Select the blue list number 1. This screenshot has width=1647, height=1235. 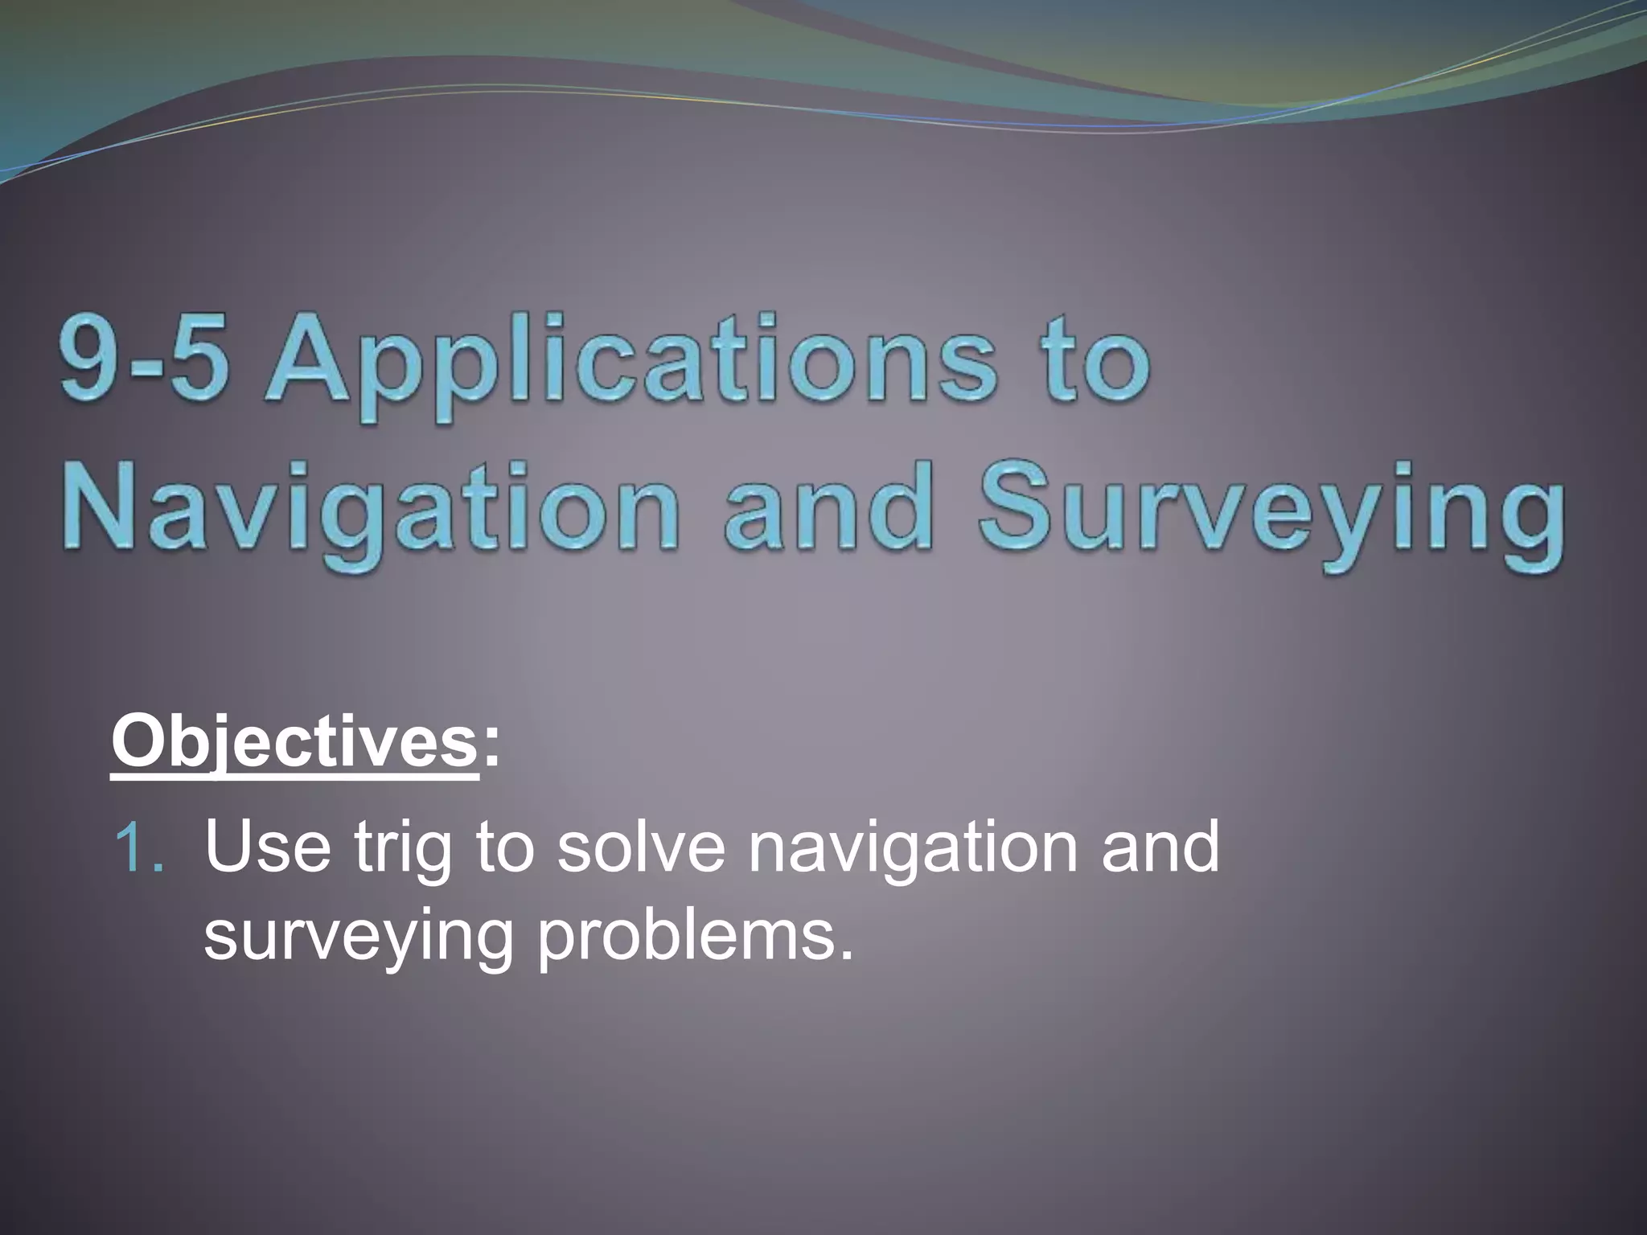point(138,849)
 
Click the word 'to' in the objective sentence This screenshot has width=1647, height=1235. point(504,849)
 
